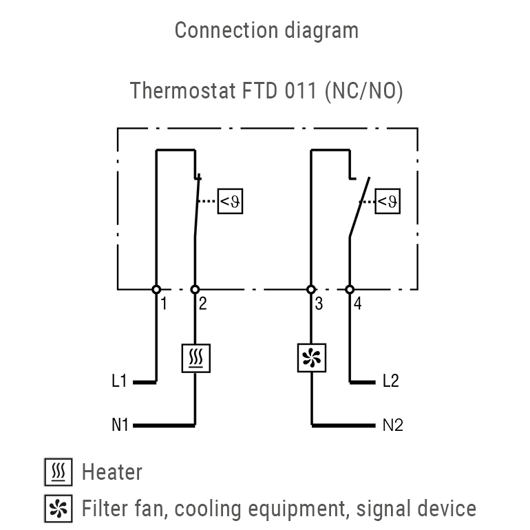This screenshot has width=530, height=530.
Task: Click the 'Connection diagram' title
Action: (x=266, y=30)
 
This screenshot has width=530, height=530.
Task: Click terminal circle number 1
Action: (x=156, y=290)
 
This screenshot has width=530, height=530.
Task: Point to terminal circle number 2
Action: (x=195, y=290)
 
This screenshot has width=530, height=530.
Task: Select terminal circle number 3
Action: (x=311, y=290)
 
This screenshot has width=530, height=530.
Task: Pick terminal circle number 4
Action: (x=350, y=290)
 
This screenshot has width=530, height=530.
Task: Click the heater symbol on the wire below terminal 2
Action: (x=195, y=359)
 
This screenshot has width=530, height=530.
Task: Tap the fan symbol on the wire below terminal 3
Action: (x=311, y=359)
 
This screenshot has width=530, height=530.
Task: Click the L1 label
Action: (x=119, y=381)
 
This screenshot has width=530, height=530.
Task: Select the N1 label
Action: (x=120, y=425)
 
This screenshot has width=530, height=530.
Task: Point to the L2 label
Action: (x=390, y=381)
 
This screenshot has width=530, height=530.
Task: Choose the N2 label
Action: (x=392, y=425)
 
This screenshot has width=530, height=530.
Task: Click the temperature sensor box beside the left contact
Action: (x=231, y=202)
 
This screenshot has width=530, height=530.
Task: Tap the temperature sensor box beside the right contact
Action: (x=388, y=202)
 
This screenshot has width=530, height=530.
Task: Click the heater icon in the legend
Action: (x=58, y=473)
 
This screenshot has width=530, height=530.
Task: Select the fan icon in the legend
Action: (x=58, y=509)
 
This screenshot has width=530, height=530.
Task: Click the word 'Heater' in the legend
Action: (x=112, y=473)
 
